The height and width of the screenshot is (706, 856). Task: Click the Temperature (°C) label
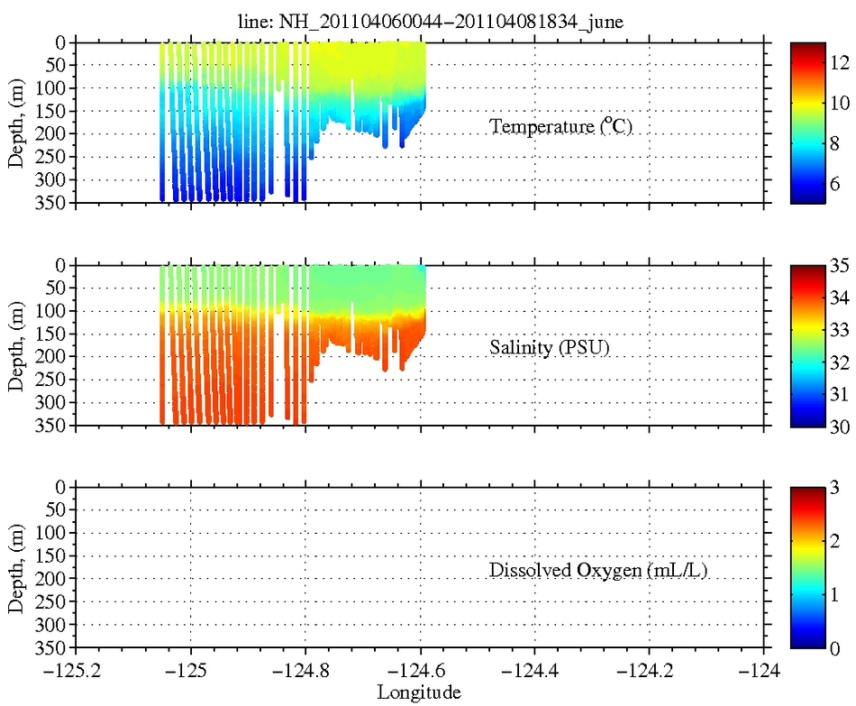pos(560,126)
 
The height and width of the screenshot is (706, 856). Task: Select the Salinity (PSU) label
pos(550,348)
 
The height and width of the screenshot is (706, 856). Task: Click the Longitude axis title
pos(420,692)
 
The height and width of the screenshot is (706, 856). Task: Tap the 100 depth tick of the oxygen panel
pos(57,533)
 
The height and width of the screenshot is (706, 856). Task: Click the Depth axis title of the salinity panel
pos(16,346)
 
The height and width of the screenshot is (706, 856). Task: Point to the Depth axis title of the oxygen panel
pos(16,568)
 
